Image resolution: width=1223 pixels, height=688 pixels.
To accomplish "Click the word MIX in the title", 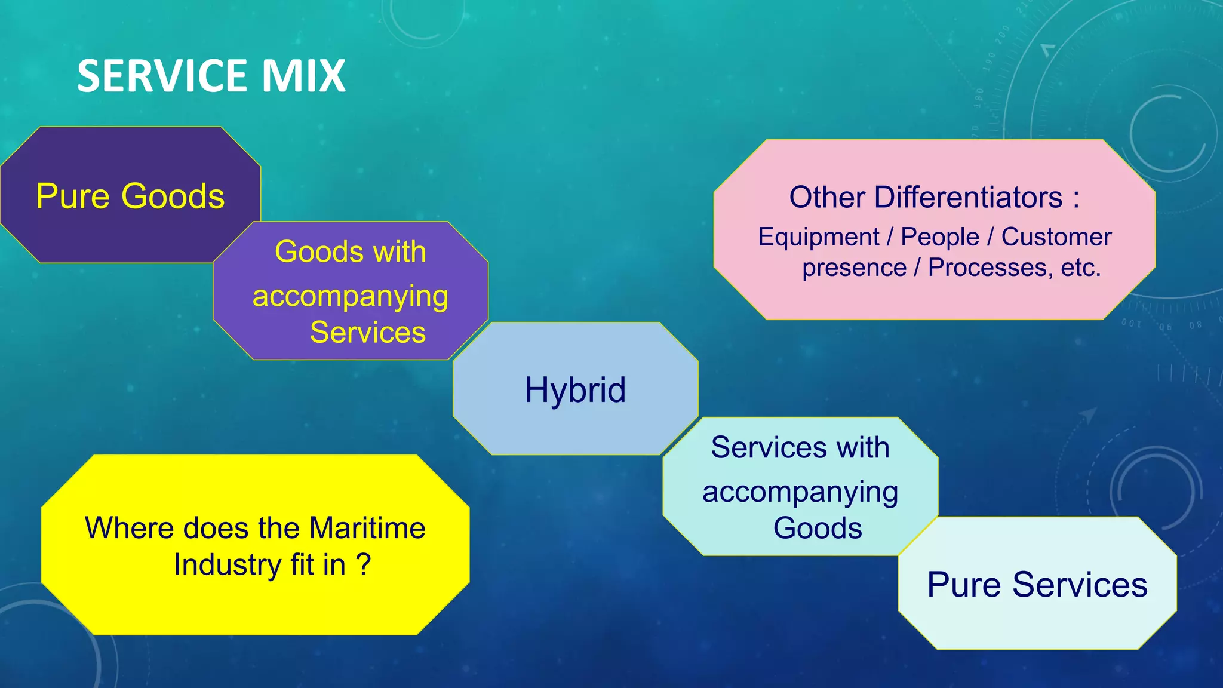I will (x=303, y=76).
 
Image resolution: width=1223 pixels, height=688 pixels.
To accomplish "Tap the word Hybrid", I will (x=575, y=390).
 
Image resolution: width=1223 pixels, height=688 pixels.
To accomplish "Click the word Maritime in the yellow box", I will (x=367, y=528).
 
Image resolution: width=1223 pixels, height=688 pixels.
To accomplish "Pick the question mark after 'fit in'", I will (x=363, y=564).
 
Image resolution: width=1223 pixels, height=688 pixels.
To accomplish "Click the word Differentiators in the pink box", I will (x=968, y=197).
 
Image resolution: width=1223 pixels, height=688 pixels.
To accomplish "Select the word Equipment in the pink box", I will (x=818, y=236).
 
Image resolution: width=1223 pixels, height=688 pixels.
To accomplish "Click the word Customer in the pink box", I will (x=1056, y=236).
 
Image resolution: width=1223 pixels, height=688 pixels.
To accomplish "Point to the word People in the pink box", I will (x=940, y=236).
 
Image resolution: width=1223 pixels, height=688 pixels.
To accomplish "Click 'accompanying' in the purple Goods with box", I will (x=351, y=296).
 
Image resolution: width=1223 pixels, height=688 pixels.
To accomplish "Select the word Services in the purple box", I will (x=367, y=332).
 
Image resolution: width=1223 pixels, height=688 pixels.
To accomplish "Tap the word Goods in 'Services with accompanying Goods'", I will (x=818, y=528).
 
